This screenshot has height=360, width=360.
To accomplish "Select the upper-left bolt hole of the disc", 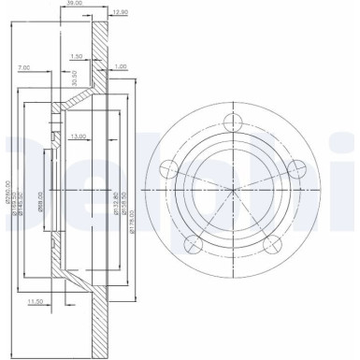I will [168, 169].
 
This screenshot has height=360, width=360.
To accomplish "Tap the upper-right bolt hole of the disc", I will [298, 169].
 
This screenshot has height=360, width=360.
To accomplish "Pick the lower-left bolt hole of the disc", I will [193, 245].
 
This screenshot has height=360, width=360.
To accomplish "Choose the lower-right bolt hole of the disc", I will [273, 245].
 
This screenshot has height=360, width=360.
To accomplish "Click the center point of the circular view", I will [233, 192].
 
